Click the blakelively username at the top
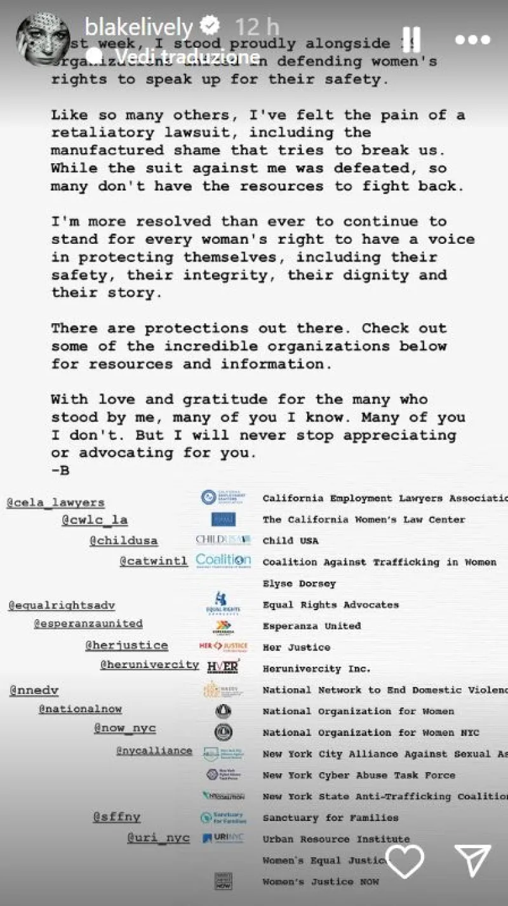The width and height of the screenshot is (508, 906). point(138,27)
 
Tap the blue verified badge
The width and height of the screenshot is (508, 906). point(210,27)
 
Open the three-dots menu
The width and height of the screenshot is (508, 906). point(472,39)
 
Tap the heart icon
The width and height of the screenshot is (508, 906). point(405,862)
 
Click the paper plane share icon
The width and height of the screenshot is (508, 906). point(472,861)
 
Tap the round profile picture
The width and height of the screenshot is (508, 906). point(43,39)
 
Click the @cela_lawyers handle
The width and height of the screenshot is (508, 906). point(55,503)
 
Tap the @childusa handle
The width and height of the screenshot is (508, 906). point(123,541)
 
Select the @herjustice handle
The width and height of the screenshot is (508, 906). point(126,646)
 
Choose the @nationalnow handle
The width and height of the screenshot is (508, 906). point(80,709)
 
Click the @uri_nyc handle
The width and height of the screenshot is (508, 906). point(158,838)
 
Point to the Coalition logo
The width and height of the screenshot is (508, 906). point(224,561)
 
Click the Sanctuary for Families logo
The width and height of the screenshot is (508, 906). point(222,817)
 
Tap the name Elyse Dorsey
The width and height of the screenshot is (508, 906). point(299,583)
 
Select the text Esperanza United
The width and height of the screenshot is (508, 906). point(312,626)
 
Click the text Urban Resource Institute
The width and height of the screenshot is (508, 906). point(336,839)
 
